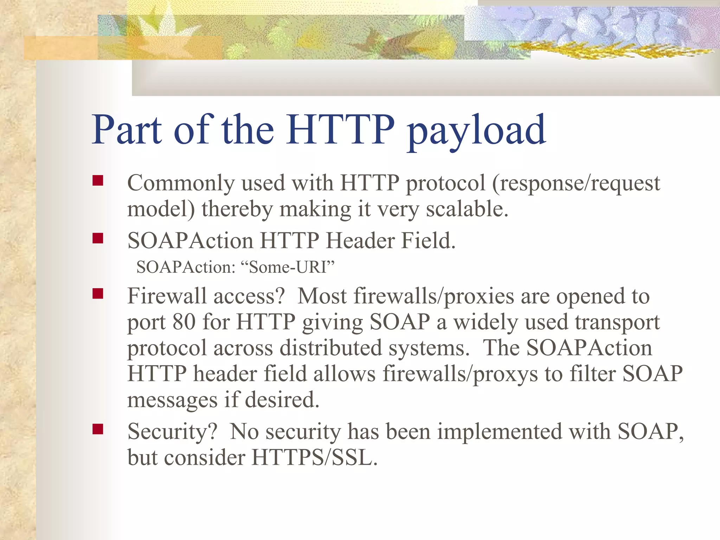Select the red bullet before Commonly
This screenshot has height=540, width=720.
(x=98, y=181)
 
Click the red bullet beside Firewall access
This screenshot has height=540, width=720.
(x=98, y=294)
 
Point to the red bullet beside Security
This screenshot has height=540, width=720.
(x=98, y=429)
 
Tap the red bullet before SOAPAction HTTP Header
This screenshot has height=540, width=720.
(x=98, y=238)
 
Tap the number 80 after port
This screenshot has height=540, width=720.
(x=184, y=322)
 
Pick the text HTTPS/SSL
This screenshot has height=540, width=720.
(x=314, y=458)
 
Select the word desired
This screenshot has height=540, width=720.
(x=282, y=400)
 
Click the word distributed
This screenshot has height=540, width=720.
(x=330, y=348)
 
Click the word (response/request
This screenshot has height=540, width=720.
(x=576, y=184)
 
